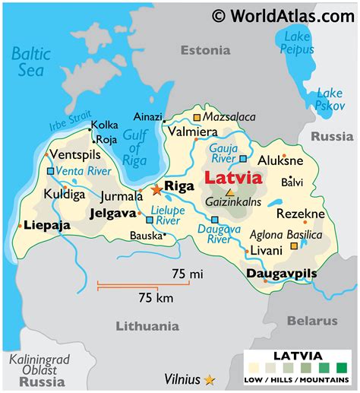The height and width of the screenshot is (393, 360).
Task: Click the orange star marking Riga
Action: tap(156, 190)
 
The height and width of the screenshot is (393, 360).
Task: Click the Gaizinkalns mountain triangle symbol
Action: tap(230, 193)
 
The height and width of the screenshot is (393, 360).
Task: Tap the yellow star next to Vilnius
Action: tap(210, 379)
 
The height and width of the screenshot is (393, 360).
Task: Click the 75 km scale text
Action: tap(155, 298)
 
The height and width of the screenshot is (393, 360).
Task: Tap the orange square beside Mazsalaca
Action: tap(197, 118)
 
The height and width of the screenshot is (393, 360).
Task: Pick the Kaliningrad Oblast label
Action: tap(38, 369)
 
